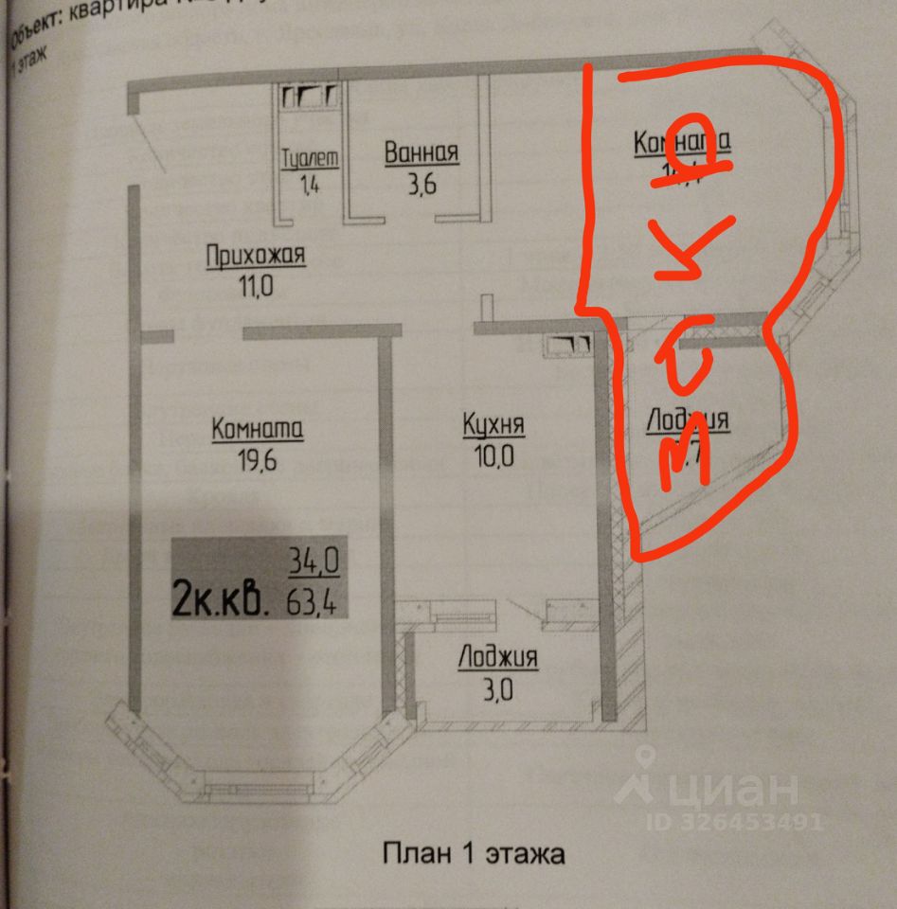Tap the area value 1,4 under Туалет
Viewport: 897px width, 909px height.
(x=311, y=185)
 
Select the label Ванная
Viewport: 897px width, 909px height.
(x=422, y=152)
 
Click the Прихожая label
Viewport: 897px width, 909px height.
(x=257, y=255)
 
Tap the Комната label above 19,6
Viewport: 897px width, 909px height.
(x=257, y=429)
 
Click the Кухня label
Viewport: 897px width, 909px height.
(x=493, y=425)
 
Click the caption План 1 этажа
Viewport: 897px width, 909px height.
(x=474, y=853)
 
